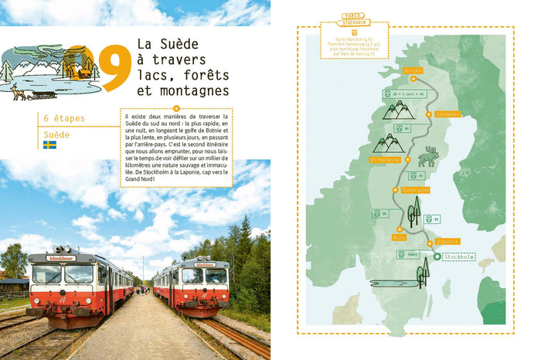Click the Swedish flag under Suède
click(49, 144)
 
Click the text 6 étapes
click(65, 118)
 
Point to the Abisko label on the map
click(413, 70)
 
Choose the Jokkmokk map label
click(447, 114)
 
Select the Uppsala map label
click(447, 241)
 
